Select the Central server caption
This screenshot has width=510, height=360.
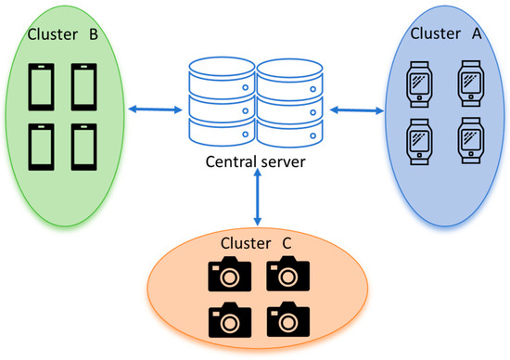pyautogui.click(x=256, y=165)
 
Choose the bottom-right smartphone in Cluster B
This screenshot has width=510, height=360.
pyautogui.click(x=84, y=145)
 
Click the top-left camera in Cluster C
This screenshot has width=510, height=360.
pyautogui.click(x=226, y=275)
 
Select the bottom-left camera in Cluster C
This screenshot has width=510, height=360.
pyautogui.click(x=226, y=319)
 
